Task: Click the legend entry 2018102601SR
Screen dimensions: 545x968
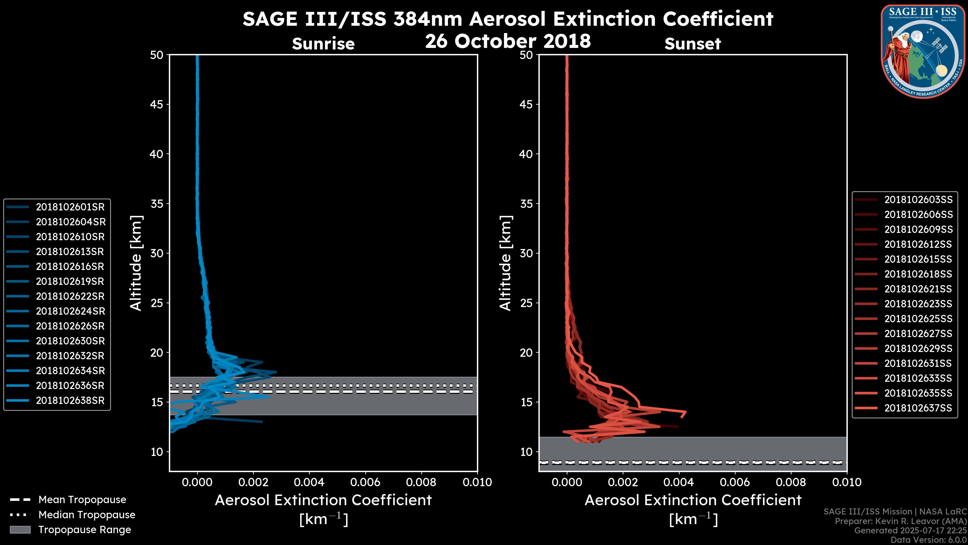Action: (70, 207)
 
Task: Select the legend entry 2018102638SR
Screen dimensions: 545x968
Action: (70, 401)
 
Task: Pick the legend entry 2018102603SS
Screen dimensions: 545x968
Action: (918, 200)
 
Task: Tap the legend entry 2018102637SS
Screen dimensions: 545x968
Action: (918, 408)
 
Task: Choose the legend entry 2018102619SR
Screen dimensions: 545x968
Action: (70, 281)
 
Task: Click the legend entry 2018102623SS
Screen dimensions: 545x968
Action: (918, 304)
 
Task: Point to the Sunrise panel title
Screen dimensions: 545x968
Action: (323, 44)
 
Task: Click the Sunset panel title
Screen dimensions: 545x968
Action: (692, 44)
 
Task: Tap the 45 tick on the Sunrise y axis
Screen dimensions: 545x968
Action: (157, 104)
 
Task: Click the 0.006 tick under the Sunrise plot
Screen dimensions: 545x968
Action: (365, 482)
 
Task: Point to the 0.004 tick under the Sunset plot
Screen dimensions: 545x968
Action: (679, 482)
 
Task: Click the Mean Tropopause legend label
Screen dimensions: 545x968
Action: (82, 500)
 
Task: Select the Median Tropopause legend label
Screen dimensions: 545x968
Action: (87, 515)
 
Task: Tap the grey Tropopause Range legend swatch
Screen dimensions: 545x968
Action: (20, 530)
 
